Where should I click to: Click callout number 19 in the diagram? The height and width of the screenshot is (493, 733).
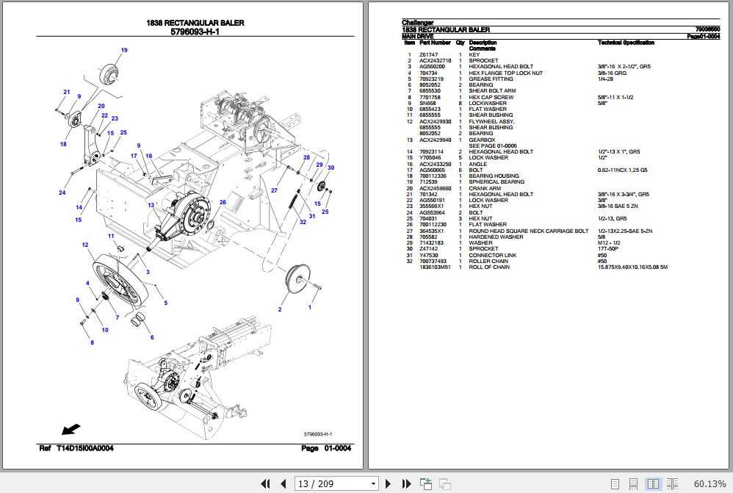(x=124, y=50)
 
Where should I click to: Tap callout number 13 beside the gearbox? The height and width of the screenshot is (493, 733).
(x=151, y=205)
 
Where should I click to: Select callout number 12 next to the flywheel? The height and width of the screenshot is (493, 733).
(x=85, y=245)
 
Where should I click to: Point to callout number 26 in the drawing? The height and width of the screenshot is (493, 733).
(x=222, y=202)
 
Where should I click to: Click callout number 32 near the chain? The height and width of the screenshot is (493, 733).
(x=302, y=221)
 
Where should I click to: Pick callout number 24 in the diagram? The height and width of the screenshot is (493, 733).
(x=62, y=193)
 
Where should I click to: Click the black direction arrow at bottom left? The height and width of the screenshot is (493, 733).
(x=71, y=428)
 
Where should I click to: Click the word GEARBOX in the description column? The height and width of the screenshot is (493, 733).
(x=482, y=140)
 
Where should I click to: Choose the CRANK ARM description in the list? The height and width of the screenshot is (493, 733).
(x=485, y=188)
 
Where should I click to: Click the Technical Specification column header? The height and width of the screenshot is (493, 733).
(x=626, y=43)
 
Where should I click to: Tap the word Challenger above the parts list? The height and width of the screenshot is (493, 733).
(x=418, y=23)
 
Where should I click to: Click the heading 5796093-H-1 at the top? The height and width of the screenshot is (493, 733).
(x=195, y=32)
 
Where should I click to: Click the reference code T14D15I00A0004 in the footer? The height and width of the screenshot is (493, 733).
(x=84, y=448)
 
